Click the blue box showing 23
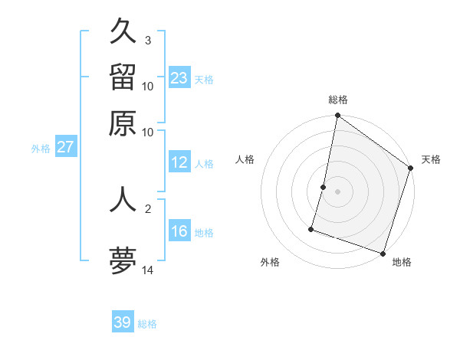tap(179, 78)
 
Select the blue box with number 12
tap(179, 163)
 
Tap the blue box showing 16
tap(179, 231)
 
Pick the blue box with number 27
tap(65, 147)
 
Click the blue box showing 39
tap(122, 322)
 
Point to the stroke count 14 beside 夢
tap(148, 270)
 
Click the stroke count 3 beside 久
tap(147, 40)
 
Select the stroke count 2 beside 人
tap(147, 208)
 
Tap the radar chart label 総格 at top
tap(338, 100)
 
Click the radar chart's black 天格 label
tap(431, 159)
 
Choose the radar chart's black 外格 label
tap(270, 262)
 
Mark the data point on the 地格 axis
tap(383, 253)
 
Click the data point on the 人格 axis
tap(324, 187)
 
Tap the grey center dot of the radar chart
tap(337, 191)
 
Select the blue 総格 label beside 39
tap(147, 324)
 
